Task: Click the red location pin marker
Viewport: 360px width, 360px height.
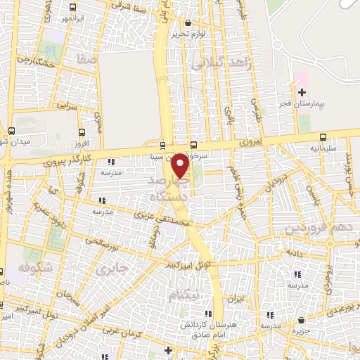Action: point(180,165)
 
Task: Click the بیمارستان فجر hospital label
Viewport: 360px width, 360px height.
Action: point(302,105)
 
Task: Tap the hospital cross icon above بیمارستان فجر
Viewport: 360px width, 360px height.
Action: point(302,92)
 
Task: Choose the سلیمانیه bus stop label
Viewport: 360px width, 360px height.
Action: point(323,149)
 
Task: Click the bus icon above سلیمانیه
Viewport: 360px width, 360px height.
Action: point(323,137)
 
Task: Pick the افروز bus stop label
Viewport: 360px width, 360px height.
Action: point(83,143)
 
